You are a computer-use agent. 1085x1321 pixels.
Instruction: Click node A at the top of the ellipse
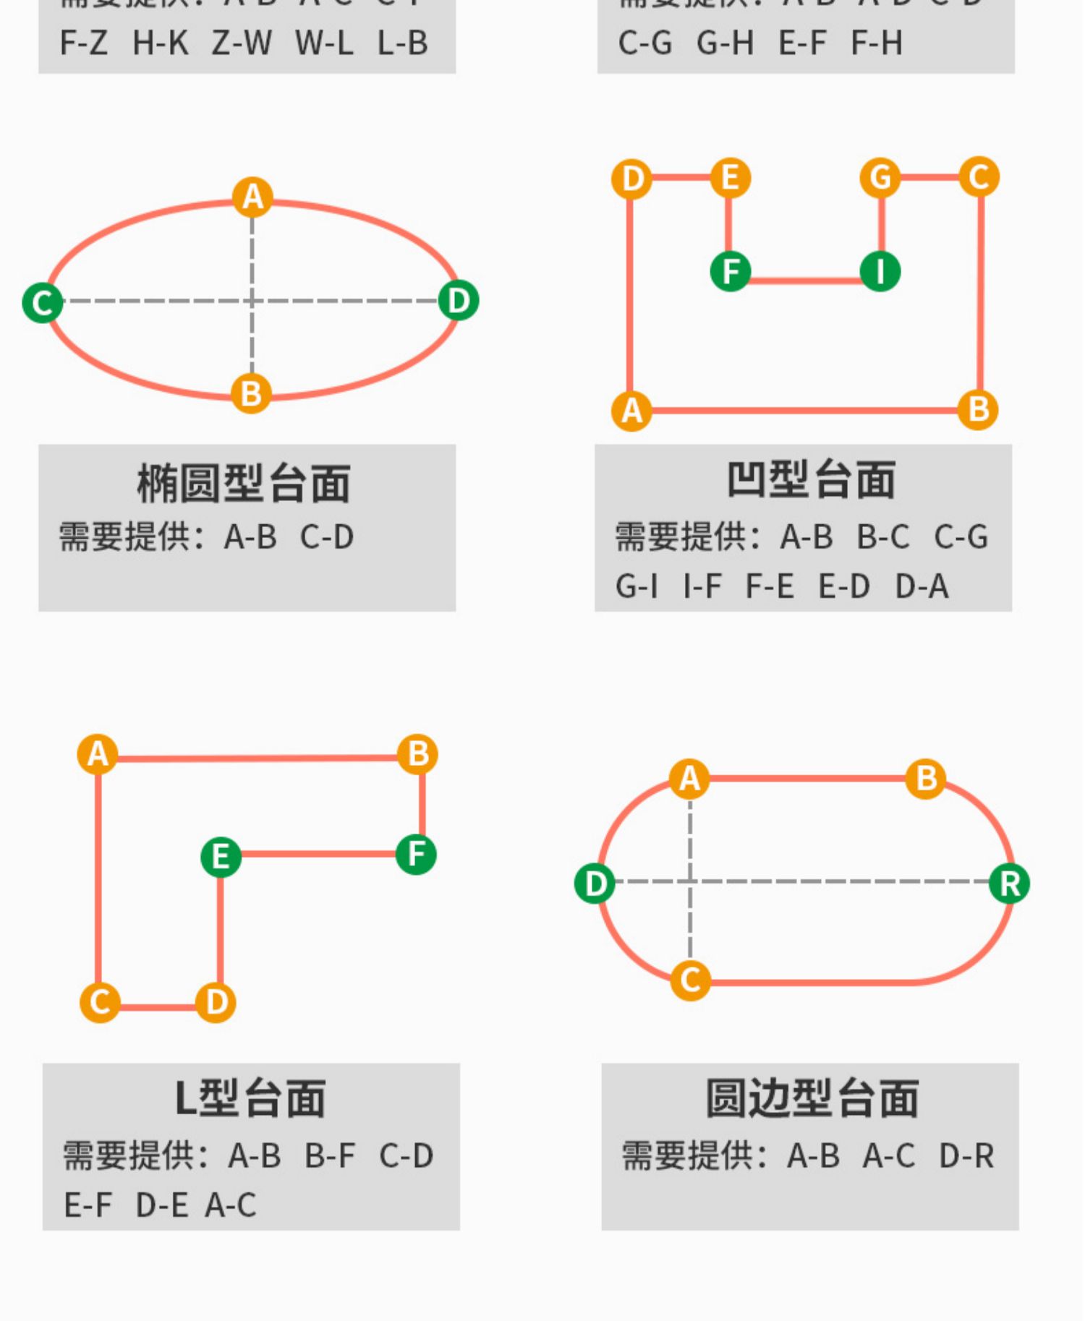[252, 197]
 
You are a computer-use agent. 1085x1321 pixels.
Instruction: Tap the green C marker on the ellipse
[43, 302]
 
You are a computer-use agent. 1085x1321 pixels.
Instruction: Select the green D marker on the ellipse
[459, 301]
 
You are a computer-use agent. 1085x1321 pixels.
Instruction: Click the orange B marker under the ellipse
[251, 394]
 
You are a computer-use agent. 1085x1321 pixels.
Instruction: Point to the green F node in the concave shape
[731, 272]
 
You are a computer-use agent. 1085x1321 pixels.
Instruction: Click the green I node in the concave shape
[880, 272]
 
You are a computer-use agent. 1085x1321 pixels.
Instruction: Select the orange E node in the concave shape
[731, 178]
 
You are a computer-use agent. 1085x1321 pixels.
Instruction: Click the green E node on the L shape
[221, 858]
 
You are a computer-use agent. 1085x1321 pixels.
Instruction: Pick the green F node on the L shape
[417, 855]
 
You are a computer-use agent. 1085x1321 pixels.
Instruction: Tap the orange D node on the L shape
[216, 1003]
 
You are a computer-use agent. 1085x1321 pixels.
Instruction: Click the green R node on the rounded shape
[1010, 884]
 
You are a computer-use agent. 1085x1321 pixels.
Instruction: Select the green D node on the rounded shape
[595, 884]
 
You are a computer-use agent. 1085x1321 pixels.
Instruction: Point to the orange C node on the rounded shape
[691, 980]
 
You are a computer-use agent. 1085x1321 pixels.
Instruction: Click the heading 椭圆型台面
[244, 484]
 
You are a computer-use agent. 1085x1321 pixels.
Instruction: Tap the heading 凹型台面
[811, 480]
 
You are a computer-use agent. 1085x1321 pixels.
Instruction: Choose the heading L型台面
[250, 1098]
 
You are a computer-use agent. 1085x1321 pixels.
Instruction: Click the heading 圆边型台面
[812, 1098]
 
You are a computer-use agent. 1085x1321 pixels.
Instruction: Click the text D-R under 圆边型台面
[966, 1156]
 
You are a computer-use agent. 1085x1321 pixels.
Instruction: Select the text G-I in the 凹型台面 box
[637, 586]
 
